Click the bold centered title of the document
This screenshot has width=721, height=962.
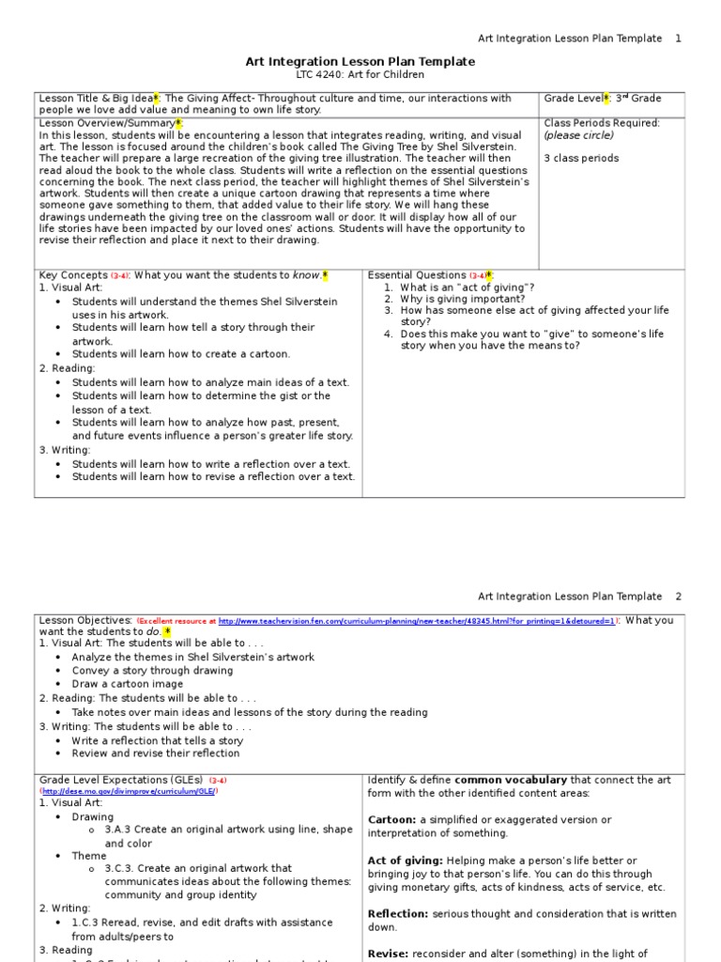click(x=360, y=61)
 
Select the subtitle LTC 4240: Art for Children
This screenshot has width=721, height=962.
click(x=360, y=75)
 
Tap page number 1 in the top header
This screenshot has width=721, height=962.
click(x=679, y=39)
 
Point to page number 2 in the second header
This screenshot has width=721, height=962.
click(x=679, y=597)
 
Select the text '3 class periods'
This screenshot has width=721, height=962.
click(x=581, y=158)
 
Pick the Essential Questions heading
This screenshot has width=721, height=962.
click(x=417, y=275)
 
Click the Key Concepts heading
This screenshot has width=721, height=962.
click(x=73, y=275)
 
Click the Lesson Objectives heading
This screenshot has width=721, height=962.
click(x=84, y=620)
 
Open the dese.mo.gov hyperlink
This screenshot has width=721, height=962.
click(x=128, y=792)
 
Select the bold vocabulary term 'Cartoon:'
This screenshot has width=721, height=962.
click(x=391, y=820)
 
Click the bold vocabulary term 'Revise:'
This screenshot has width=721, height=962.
click(x=388, y=954)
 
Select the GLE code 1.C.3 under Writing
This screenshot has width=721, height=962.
click(x=86, y=923)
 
